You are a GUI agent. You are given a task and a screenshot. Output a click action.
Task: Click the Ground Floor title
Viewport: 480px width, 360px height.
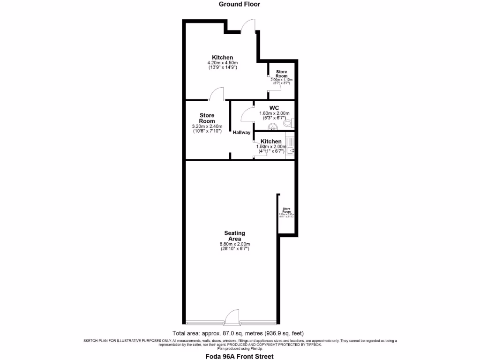point(240,4)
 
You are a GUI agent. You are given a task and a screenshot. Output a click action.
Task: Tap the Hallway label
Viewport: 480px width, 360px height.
point(241,133)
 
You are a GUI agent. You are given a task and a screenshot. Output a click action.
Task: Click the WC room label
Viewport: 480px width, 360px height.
point(274,108)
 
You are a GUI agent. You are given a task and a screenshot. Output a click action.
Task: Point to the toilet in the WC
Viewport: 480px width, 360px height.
point(289,123)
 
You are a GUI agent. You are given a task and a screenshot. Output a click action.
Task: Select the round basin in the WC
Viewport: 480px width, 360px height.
point(272,127)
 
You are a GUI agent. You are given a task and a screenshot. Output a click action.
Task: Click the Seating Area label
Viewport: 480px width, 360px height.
point(235,236)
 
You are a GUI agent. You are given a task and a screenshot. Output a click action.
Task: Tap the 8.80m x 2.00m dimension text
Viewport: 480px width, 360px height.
point(235,244)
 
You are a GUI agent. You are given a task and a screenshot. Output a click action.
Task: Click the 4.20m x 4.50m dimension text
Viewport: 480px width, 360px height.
point(223,63)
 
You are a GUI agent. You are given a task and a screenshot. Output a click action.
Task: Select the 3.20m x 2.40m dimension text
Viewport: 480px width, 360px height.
point(207,127)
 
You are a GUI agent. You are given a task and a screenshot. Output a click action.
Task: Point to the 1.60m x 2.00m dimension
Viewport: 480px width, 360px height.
point(274,113)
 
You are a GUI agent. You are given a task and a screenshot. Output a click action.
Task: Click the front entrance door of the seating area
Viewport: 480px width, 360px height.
point(232,318)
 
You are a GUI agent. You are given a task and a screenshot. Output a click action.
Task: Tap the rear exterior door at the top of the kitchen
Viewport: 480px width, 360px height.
point(247,26)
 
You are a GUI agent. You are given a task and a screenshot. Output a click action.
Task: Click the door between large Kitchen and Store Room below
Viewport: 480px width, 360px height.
point(217,95)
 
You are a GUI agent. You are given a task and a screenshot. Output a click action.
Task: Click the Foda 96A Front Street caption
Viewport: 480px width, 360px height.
point(240,356)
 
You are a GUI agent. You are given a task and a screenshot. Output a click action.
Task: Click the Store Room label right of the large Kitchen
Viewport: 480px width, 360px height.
point(281,74)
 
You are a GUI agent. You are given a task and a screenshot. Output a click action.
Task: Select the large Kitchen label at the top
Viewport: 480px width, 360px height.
point(223,57)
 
